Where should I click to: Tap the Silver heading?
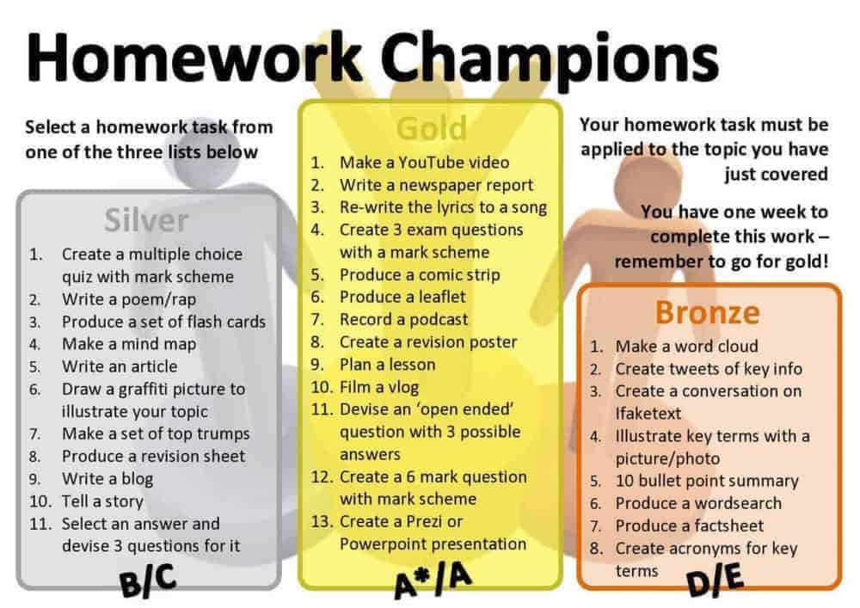[146, 221]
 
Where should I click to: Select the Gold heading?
[431, 128]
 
